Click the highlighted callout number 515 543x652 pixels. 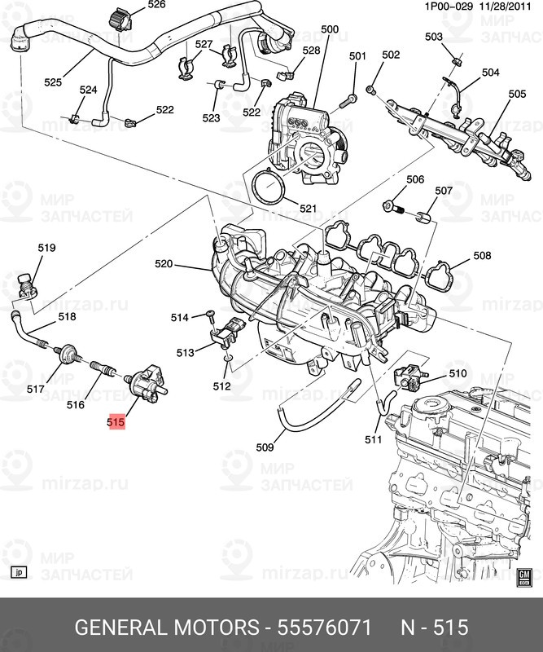pos(115,423)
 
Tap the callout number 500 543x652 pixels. pos(329,30)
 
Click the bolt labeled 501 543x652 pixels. pos(348,100)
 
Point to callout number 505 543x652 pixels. pos(517,95)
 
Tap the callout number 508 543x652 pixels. pos(482,256)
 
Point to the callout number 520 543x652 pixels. pos(164,264)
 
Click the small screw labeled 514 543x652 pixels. pos(209,313)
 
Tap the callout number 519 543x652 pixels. pos(46,248)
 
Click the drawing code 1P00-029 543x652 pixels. pos(425,6)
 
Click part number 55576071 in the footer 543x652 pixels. pos(325,628)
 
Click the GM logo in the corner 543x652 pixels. pos(524,575)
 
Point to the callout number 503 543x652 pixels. pos(434,37)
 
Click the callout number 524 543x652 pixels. pos(88,90)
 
